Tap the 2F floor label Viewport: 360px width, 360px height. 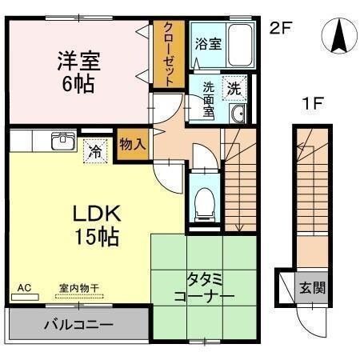281,28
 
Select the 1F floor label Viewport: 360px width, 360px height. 313,103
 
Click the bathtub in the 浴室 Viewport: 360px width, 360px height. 240,45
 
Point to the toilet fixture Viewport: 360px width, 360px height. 205,205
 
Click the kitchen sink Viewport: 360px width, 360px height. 63,141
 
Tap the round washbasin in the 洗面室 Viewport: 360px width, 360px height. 238,114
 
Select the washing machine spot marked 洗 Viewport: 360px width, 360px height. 234,88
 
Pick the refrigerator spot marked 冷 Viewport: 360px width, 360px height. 95,151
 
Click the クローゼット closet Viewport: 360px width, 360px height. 169,54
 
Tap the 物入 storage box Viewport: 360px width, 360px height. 133,144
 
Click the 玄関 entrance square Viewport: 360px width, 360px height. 312,288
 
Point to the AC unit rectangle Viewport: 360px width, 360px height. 25,297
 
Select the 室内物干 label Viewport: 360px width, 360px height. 79,288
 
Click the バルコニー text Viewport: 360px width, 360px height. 79,325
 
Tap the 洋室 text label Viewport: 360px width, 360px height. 79,61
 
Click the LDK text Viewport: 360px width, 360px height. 97,214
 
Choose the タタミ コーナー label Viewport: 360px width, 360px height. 204,288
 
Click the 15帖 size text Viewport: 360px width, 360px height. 97,237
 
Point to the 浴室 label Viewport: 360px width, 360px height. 208,44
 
